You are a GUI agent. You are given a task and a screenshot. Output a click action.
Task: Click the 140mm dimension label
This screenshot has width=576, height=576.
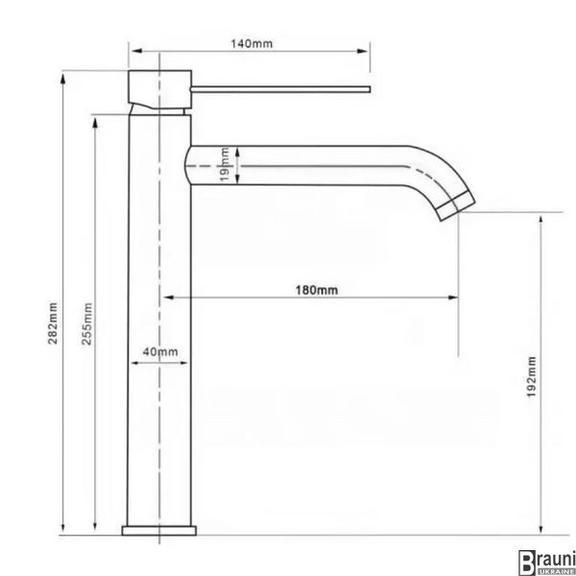252,44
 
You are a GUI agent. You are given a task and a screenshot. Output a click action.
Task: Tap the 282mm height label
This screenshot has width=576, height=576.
53,323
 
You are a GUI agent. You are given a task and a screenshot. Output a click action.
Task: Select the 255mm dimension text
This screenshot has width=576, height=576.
86,324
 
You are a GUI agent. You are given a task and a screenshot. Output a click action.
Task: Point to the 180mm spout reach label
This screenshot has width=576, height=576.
317,290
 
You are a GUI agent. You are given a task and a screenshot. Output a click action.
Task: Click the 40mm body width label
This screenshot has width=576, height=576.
160,352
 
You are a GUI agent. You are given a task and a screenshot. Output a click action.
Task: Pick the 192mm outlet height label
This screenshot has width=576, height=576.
531,376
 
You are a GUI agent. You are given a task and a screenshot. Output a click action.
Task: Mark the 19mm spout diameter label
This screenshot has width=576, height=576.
225,164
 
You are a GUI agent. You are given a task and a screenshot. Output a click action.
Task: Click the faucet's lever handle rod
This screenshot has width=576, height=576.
280,89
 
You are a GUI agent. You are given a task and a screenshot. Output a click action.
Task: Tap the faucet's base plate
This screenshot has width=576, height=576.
159,531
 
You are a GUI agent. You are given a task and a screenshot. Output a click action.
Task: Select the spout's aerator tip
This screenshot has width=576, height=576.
456,206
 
